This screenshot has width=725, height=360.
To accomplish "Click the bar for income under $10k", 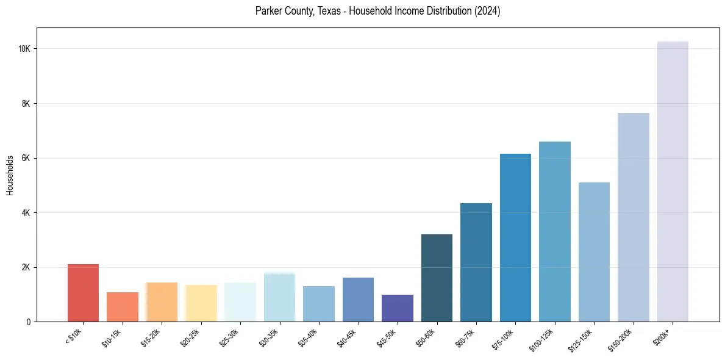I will click(83, 293).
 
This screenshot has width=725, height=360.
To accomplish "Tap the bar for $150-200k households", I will click(634, 217).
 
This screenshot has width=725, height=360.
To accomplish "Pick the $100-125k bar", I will click(555, 232).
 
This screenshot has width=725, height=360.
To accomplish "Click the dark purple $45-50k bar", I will click(398, 308).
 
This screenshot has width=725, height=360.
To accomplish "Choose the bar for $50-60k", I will click(437, 278).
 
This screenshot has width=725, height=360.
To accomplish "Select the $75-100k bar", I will click(515, 238).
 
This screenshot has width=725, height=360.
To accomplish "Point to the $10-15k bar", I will click(123, 307).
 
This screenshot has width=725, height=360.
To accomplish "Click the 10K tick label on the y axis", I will click(24, 49).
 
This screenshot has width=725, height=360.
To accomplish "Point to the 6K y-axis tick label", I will click(26, 158).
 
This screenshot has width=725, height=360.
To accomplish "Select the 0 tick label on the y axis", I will click(29, 322).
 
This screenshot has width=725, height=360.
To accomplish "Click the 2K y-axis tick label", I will click(26, 267).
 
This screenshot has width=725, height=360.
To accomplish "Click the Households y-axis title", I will click(10, 175).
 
